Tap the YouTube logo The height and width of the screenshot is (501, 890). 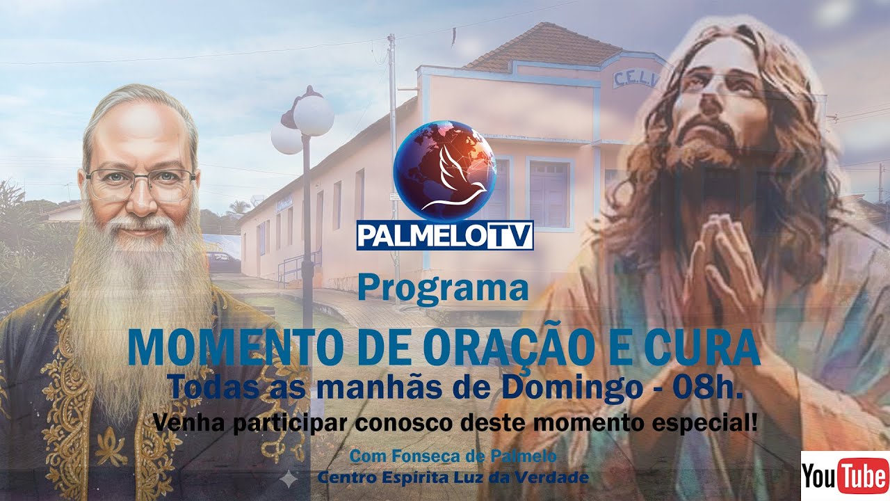(x=844, y=476)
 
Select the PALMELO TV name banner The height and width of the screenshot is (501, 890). (x=444, y=235)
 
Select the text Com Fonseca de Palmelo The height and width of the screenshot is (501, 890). (x=453, y=456)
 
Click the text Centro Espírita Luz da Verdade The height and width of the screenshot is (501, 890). (x=453, y=478)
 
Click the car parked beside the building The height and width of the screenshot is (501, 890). (x=224, y=262)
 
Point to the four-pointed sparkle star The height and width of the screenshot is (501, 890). (x=287, y=478)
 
